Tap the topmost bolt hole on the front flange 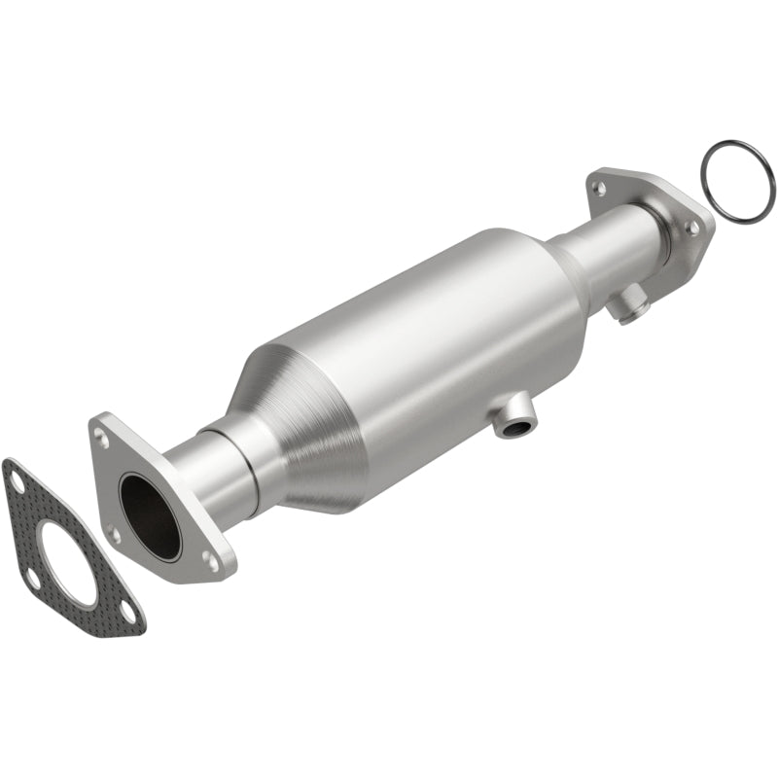[x=102, y=438]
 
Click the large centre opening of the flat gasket [x=66, y=562]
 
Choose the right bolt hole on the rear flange [x=691, y=226]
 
